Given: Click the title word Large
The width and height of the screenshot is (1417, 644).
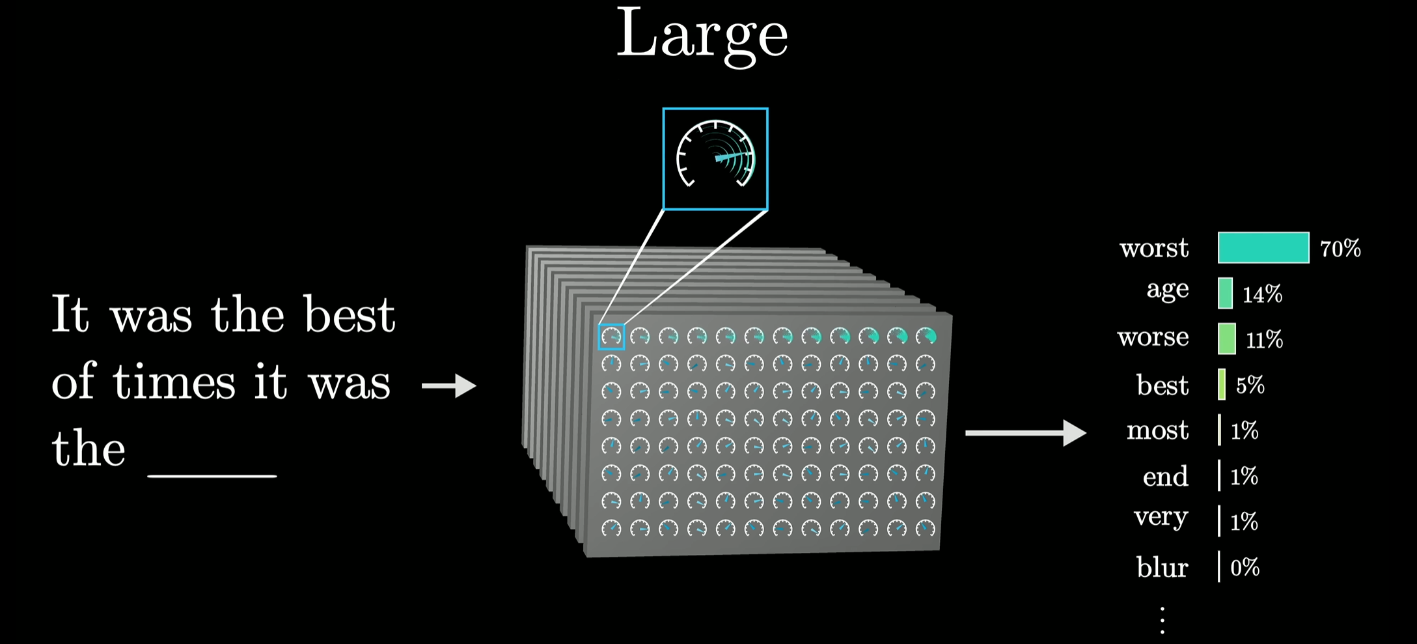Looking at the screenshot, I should pos(702,36).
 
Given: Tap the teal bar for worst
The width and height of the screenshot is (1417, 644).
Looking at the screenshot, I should pos(1263,247).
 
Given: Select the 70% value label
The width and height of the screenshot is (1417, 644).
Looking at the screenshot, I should pos(1340,249).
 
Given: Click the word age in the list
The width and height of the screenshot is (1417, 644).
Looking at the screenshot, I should pos(1168,290).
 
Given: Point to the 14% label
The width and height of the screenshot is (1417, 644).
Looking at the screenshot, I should pos(1262,294).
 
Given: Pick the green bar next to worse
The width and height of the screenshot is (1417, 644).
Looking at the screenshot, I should pos(1226,339).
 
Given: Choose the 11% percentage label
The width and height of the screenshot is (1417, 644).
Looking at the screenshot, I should pos(1264,339).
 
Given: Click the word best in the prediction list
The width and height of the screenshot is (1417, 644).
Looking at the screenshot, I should pos(1162,385).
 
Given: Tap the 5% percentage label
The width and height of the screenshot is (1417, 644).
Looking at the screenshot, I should pos(1250,385).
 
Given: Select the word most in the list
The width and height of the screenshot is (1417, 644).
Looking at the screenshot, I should pos(1157,430).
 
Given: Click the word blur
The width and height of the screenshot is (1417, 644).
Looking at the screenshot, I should pos(1162,567).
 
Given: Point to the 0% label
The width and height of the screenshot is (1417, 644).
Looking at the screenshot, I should pos(1245,568).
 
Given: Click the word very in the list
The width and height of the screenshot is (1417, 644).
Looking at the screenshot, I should pos(1161,518).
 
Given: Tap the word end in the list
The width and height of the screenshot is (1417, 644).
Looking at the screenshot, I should pos(1165,477).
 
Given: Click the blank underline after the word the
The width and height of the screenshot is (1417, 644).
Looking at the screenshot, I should pos(212,475).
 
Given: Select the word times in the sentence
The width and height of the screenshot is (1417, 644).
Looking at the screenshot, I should pos(174,382).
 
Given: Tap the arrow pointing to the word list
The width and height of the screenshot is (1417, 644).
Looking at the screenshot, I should pos(1025,433).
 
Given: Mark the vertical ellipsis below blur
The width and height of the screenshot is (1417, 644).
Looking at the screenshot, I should pos(1162,620).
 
